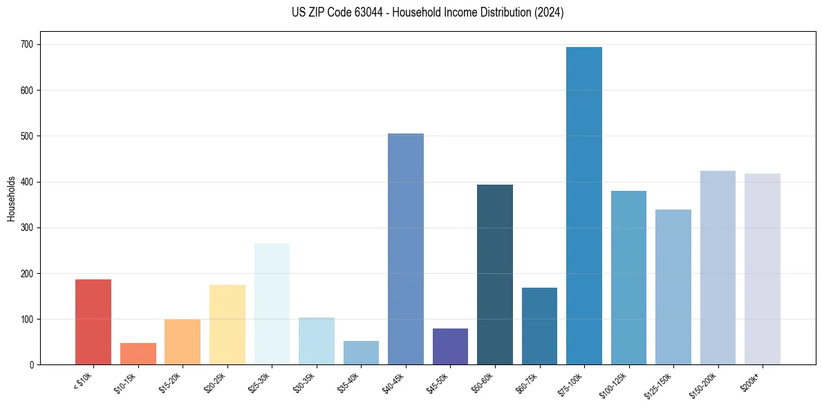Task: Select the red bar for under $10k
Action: tap(93, 322)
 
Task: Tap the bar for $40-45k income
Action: tap(406, 249)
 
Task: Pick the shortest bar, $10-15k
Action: tap(138, 353)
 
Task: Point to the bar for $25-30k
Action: tap(272, 304)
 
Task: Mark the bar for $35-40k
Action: tap(361, 353)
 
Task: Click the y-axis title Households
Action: tap(11, 198)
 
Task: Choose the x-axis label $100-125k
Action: tap(615, 384)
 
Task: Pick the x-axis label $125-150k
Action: tap(660, 384)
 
